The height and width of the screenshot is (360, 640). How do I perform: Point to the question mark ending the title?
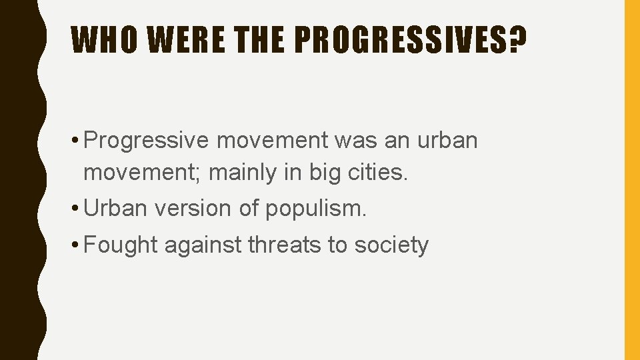point(515,41)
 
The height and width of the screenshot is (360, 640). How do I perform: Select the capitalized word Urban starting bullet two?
point(116,209)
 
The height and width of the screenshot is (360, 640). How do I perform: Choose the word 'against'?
point(203,246)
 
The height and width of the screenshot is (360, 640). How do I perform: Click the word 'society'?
point(391,246)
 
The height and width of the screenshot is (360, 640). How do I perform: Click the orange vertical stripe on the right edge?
point(631,180)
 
